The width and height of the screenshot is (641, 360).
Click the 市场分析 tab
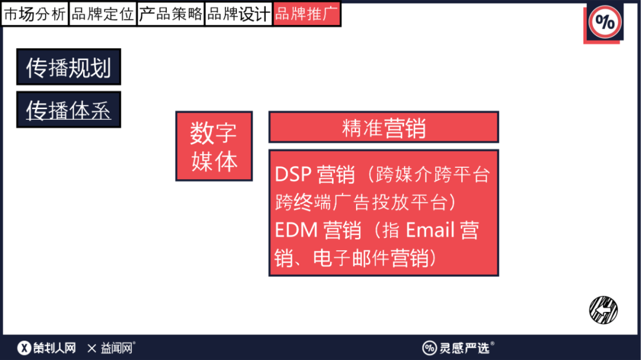[x=35, y=14]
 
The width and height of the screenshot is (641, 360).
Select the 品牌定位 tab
[x=103, y=14]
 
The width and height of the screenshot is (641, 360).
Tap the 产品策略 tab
[x=170, y=14]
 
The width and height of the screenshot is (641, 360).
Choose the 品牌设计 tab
[x=239, y=14]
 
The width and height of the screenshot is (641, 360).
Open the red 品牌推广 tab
[x=307, y=14]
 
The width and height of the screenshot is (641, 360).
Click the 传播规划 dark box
[x=69, y=67]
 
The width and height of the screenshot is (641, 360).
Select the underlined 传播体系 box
[x=69, y=110]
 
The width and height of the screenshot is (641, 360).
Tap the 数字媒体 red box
[x=214, y=146]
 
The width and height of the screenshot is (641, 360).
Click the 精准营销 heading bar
[x=383, y=127]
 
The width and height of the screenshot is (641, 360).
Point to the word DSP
[x=293, y=174]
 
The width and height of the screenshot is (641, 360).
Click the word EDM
[x=296, y=230]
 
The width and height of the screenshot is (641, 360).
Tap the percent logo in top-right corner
[x=605, y=22]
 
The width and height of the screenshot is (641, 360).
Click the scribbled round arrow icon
[x=604, y=310]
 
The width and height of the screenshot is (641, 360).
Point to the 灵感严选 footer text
[x=464, y=348]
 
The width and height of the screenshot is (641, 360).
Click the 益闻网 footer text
[x=116, y=348]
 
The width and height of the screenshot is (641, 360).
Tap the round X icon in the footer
[x=24, y=348]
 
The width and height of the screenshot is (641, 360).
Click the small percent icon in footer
[x=429, y=348]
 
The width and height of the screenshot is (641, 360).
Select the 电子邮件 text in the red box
[x=351, y=258]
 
